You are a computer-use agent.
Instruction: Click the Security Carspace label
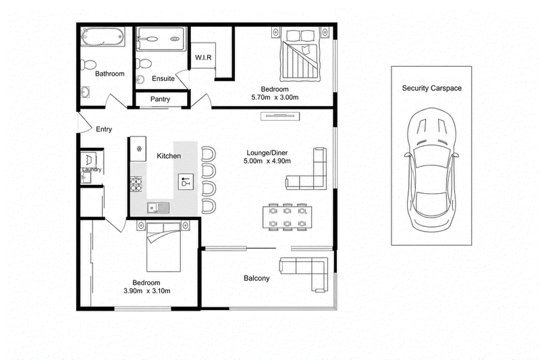[431, 88]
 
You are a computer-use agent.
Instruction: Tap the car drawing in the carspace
[432, 169]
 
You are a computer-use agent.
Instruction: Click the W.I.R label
[203, 57]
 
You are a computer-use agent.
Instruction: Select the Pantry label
[160, 99]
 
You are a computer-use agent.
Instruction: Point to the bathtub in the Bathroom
[103, 37]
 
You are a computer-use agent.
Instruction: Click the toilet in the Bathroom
[88, 65]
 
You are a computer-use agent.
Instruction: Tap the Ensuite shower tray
[161, 39]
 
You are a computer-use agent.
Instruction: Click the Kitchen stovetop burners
[136, 184]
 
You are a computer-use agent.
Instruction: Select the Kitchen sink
[159, 208]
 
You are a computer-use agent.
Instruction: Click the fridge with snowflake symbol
[138, 149]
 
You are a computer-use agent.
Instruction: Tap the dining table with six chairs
[288, 217]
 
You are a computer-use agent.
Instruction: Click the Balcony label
[256, 278]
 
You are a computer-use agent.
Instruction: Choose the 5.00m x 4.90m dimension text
[267, 161]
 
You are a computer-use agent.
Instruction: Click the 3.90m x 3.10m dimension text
[146, 290]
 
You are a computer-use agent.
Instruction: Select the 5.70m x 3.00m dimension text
[275, 97]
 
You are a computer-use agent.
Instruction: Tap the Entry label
[104, 129]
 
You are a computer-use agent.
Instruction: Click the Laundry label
[92, 170]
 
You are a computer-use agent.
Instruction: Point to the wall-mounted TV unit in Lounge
[280, 116]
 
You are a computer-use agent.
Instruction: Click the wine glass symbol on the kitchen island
[186, 182]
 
